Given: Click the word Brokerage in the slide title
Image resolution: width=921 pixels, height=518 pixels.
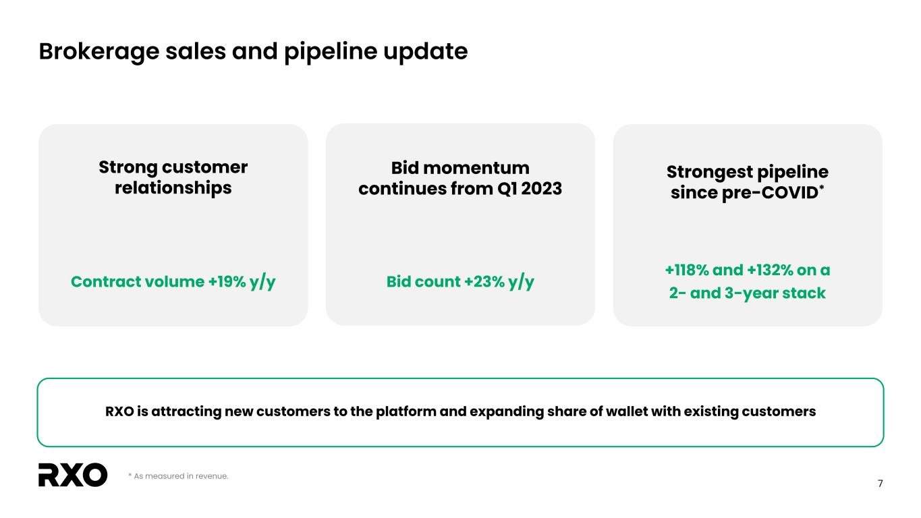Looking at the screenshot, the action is coord(99,52).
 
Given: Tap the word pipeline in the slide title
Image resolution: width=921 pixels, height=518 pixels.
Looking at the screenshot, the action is coord(331,52).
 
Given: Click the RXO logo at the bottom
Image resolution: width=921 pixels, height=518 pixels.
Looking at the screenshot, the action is coord(73,475).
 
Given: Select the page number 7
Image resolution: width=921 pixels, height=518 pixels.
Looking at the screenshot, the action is coord(880,484).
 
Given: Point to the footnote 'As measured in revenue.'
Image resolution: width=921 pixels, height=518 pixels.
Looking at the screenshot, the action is coord(178,476).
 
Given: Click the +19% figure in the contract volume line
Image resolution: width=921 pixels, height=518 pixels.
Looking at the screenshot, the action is coord(227,282).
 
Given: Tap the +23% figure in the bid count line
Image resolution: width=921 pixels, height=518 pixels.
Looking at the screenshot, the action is coord(484,282).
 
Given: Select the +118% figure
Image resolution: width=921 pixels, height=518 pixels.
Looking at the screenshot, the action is coord(687,270).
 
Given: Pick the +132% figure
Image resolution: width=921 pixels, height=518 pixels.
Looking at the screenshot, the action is coord(770,270).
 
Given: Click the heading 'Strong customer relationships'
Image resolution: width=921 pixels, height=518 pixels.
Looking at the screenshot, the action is coord(173,177).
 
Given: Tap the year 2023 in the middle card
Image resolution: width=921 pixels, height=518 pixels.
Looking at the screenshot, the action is coord(541,189).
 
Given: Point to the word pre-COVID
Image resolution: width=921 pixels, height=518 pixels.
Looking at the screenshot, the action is coord(770,193).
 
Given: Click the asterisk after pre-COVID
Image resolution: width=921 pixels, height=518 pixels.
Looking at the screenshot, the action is coord(822,188).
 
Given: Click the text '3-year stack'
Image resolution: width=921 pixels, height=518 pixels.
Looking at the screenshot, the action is coord(775,293).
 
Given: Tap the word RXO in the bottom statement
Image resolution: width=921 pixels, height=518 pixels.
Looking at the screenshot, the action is coord(119,411).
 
